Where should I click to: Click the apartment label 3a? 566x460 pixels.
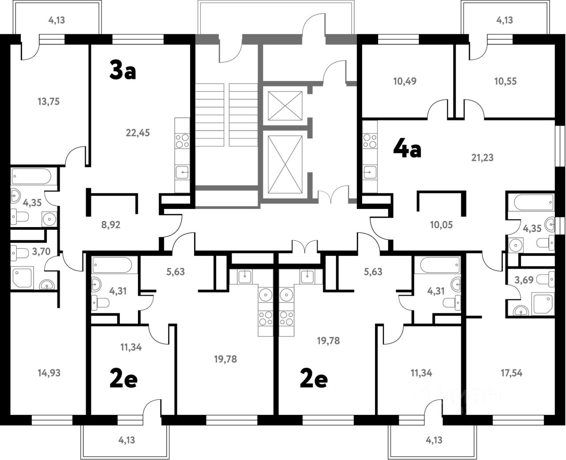(122, 70)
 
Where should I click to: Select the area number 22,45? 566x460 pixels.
(138, 133)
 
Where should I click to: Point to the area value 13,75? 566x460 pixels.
(49, 102)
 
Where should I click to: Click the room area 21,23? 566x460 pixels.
(482, 158)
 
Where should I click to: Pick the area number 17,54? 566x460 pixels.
(512, 373)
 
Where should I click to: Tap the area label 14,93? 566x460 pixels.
(49, 373)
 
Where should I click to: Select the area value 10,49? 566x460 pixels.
(405, 81)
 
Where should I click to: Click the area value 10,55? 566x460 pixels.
(505, 81)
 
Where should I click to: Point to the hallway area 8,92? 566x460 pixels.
(111, 225)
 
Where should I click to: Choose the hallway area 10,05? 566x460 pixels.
(441, 225)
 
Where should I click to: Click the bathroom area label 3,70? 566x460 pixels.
(41, 251)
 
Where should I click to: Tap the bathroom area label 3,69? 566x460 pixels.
(524, 280)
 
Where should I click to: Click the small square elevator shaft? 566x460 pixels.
(285, 106)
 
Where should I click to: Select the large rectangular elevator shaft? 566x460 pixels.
(285, 164)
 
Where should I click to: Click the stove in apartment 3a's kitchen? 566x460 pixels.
(182, 141)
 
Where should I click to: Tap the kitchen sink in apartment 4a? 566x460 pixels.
(370, 172)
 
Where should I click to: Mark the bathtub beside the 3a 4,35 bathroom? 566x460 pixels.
(31, 176)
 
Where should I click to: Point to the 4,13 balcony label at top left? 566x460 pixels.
(57, 20)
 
